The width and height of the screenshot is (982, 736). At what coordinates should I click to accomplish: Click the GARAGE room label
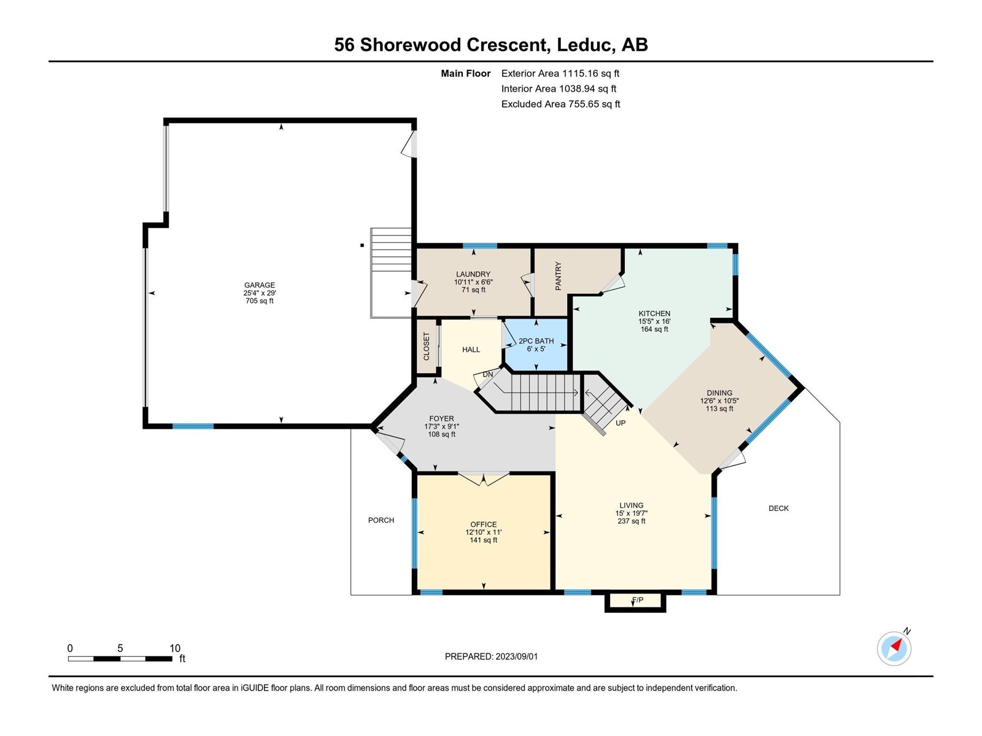[x=260, y=285]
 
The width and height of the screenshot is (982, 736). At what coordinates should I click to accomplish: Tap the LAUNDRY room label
[x=473, y=274]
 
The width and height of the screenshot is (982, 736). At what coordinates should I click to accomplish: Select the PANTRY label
[x=558, y=276]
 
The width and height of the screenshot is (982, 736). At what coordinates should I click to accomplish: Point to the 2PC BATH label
[x=536, y=341]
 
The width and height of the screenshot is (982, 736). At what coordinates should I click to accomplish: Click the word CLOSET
[x=427, y=346]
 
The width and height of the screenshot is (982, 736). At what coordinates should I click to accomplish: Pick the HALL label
[x=471, y=350]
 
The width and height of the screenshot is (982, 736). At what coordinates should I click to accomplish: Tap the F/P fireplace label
[x=638, y=600]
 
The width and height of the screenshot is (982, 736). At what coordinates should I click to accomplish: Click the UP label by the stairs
[x=621, y=423]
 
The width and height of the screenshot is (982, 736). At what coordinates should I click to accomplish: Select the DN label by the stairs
[x=488, y=374]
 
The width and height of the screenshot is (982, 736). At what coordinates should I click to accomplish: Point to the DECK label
[x=778, y=508]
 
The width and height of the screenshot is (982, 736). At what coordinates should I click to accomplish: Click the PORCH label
[x=381, y=520]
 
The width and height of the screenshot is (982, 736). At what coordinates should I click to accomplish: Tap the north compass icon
[x=894, y=648]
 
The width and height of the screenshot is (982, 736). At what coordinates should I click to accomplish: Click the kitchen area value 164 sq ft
[x=654, y=329]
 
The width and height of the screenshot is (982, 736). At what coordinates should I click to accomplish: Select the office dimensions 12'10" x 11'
[x=484, y=532]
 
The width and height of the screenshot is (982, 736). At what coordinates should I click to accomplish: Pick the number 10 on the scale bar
[x=175, y=648]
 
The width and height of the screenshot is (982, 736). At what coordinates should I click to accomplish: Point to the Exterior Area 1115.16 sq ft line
[x=560, y=73]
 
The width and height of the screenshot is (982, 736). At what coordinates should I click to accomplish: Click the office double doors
[x=484, y=478]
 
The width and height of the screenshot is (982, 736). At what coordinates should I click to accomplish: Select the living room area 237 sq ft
[x=632, y=521]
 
